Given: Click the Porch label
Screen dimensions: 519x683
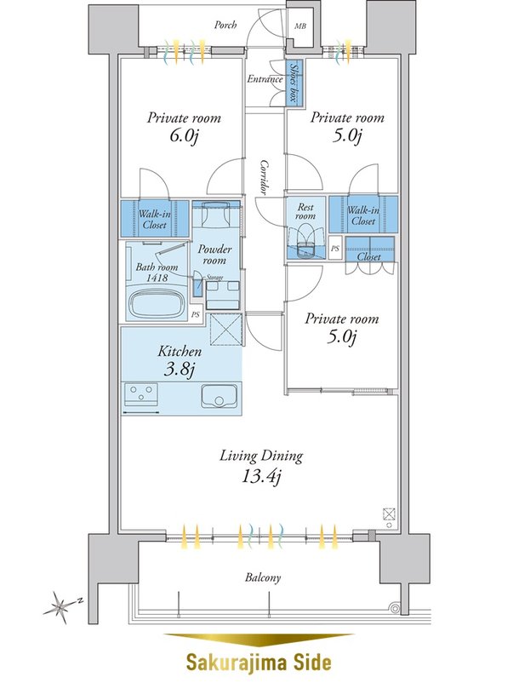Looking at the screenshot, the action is (x=225, y=25).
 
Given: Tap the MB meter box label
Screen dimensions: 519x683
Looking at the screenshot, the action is (x=300, y=26).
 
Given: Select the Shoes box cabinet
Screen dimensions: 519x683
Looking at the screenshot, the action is (x=294, y=83).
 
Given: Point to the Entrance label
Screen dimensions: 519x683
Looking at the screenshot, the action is (x=265, y=79).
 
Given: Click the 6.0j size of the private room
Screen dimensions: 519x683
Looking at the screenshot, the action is (x=184, y=136).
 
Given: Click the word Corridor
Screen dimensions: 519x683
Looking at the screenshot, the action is (x=265, y=176).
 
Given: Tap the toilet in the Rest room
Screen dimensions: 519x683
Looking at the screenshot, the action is (x=305, y=243).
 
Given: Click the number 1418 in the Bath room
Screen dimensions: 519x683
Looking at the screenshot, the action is (x=157, y=277).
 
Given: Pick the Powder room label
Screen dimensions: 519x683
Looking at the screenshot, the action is (x=214, y=255).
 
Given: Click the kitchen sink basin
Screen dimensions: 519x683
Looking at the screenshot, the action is (x=219, y=396).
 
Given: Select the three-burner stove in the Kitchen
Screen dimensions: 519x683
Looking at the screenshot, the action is (x=140, y=394).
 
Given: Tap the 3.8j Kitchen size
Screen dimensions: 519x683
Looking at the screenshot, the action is (x=179, y=370).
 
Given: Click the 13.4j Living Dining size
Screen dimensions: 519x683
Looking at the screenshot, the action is (x=261, y=476).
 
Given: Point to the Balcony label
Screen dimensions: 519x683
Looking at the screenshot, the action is (x=263, y=577).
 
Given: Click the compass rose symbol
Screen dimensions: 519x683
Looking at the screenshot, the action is (x=60, y=606).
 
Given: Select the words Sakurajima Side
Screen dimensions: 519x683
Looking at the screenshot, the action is (x=259, y=662).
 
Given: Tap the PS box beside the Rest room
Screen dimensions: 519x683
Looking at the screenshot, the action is (x=335, y=249).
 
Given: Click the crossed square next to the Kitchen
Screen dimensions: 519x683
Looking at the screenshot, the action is (x=225, y=329).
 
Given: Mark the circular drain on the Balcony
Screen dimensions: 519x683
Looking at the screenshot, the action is (x=395, y=608).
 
